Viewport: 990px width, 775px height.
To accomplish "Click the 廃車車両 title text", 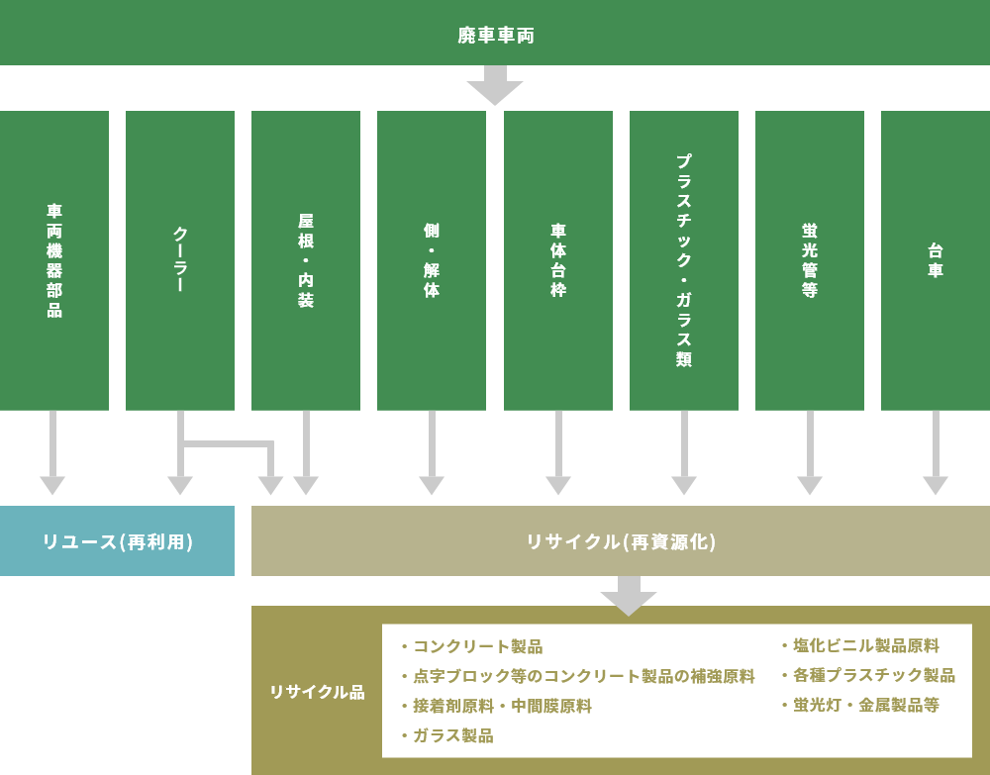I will pyautogui.click(x=495, y=36).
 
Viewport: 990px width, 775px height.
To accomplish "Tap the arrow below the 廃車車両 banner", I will pyautogui.click(x=495, y=87).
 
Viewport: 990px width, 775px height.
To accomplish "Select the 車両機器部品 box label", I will pyautogui.click(x=54, y=260).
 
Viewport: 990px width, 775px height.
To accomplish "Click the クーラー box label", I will pyautogui.click(x=180, y=260).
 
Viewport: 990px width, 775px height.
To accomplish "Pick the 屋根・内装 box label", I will pyautogui.click(x=306, y=260).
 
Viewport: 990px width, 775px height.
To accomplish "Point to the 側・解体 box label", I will pyautogui.click(x=432, y=260).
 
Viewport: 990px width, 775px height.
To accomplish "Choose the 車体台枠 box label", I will pyautogui.click(x=558, y=260).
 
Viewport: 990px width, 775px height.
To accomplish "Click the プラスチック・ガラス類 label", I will pyautogui.click(x=684, y=260).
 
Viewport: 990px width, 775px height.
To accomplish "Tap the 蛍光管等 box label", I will pyautogui.click(x=810, y=260).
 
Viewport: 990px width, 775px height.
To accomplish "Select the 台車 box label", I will pyautogui.click(x=936, y=260).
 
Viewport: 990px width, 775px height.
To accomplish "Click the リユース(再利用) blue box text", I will pyautogui.click(x=117, y=541).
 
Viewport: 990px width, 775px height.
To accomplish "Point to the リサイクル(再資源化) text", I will pyautogui.click(x=621, y=541).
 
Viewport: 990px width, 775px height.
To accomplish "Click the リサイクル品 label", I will pyautogui.click(x=317, y=692).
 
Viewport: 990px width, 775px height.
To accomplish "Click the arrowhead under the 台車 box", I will pyautogui.click(x=936, y=485).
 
